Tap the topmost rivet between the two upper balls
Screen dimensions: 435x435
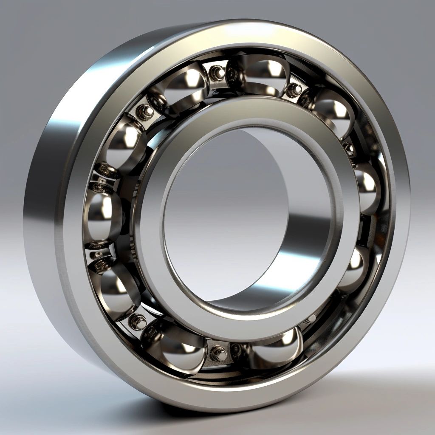(219, 72)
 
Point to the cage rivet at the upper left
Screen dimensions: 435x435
(147, 111)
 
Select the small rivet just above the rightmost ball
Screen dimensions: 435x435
(349, 149)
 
